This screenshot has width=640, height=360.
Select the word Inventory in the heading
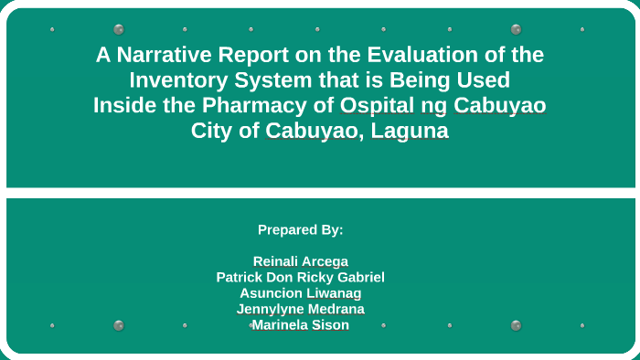[x=176, y=80]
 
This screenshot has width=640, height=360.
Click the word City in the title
[x=211, y=131]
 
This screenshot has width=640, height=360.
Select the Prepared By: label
[x=301, y=229]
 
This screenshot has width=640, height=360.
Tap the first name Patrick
[x=242, y=277]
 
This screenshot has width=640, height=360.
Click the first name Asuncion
[x=272, y=293]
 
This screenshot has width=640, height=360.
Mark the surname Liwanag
[x=335, y=293]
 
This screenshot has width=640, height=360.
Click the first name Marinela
[x=279, y=324]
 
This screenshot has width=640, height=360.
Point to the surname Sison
[x=331, y=324]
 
